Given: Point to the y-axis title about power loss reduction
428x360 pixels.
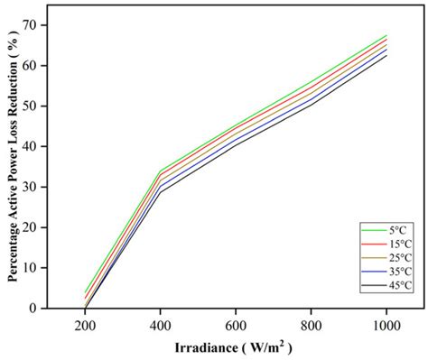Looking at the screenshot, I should pos(14,162).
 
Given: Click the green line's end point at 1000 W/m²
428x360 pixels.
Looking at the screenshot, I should pos(386,35).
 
